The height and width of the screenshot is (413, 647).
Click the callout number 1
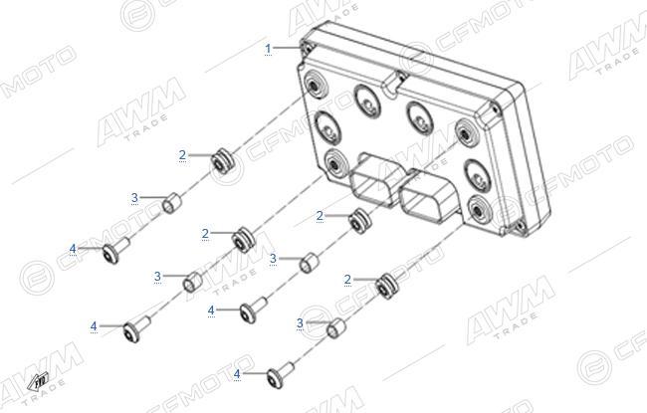(x=268, y=49)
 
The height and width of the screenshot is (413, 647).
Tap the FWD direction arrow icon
(x=38, y=381)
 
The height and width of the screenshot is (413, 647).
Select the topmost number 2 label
(x=182, y=155)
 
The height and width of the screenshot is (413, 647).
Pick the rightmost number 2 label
(x=347, y=280)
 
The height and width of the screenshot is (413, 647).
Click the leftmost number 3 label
(x=134, y=198)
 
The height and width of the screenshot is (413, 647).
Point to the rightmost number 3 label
(x=300, y=323)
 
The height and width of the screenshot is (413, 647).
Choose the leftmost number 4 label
(x=73, y=249)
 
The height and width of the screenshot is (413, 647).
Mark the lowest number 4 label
(x=237, y=374)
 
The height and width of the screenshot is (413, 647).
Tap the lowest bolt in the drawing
(x=280, y=374)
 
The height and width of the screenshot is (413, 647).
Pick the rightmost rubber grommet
(x=387, y=286)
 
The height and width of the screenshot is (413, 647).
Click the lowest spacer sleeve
(x=335, y=328)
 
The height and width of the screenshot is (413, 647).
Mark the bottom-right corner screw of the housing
(x=519, y=226)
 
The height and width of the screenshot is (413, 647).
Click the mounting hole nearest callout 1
(x=315, y=86)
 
